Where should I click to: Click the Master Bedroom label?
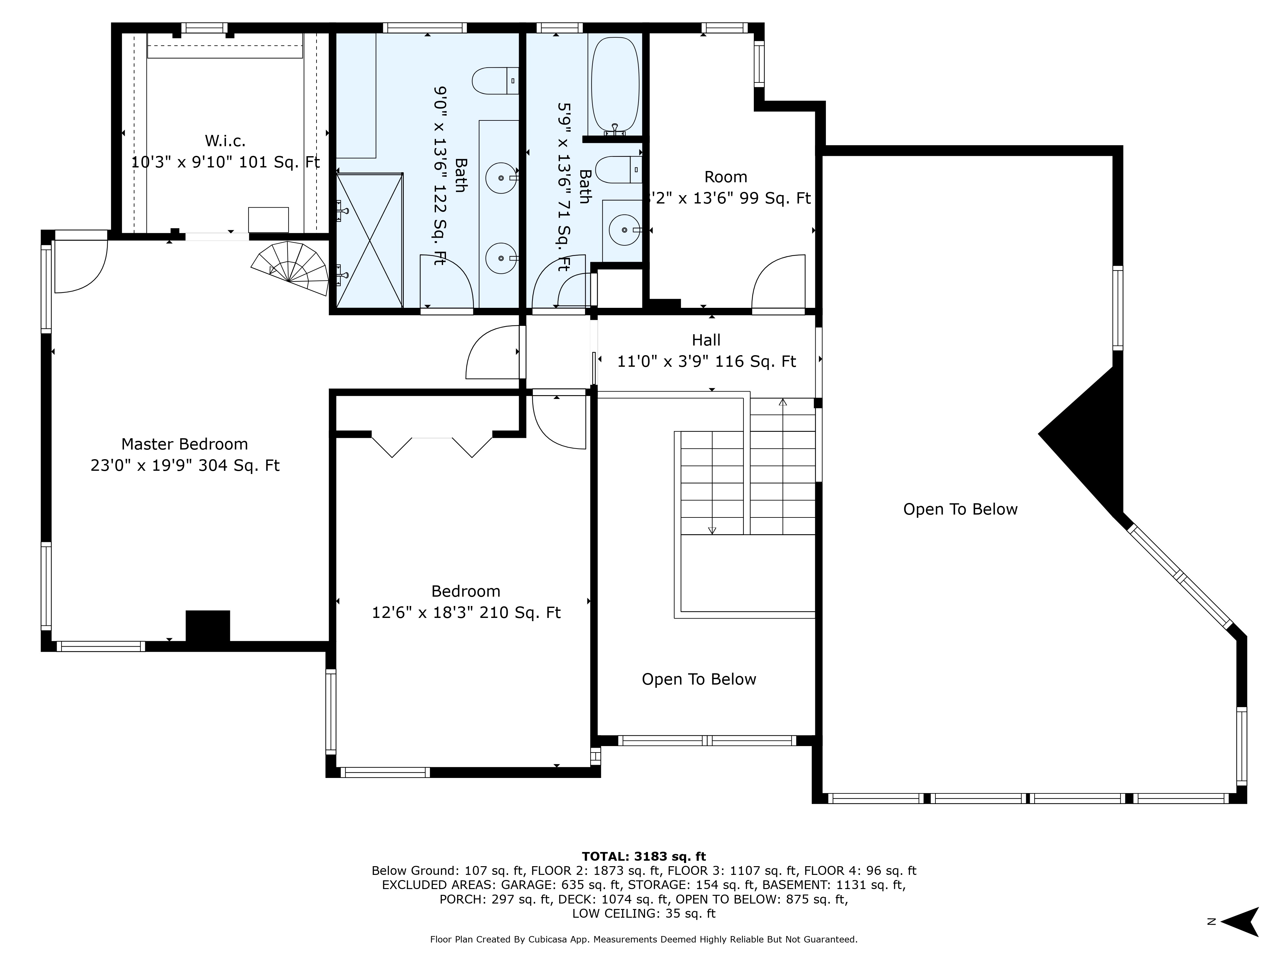(185, 444)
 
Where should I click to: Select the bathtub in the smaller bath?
(615, 84)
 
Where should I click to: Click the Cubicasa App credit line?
(643, 939)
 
